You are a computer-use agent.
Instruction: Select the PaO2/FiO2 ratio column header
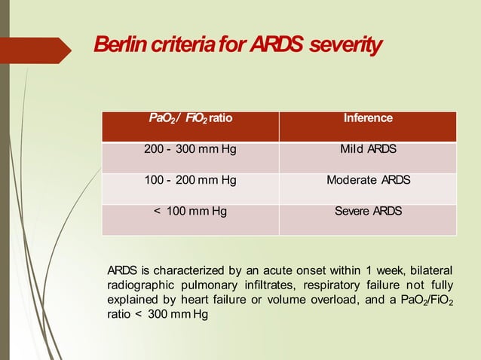point(190,119)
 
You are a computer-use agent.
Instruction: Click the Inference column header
point(368,119)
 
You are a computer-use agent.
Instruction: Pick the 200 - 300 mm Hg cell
point(190,150)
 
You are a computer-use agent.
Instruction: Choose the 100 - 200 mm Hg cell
point(190,181)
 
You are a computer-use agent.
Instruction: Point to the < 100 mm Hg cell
point(190,212)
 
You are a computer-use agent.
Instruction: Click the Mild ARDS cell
point(368,150)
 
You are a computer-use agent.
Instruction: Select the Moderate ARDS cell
point(368,181)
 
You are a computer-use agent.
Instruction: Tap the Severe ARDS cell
point(368,212)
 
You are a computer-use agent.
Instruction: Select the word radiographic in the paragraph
point(140,285)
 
